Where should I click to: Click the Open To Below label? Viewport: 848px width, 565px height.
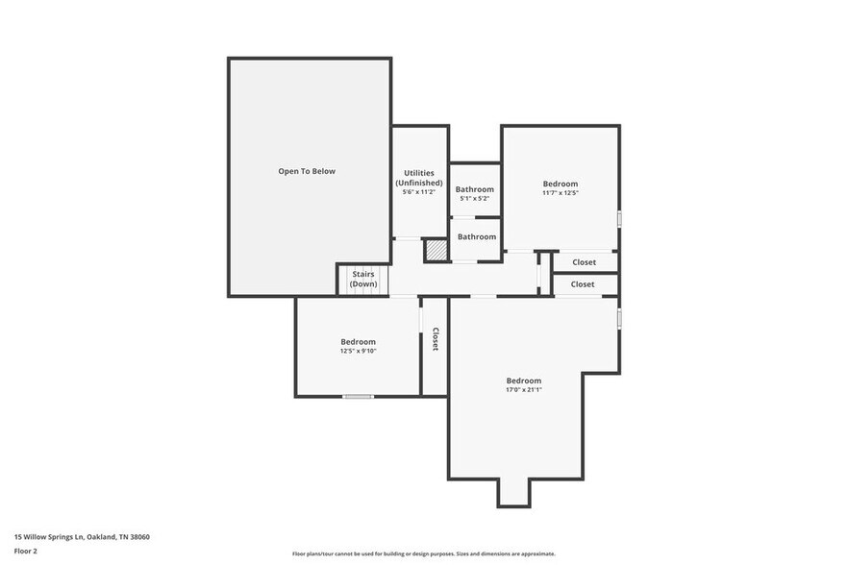coord(307,171)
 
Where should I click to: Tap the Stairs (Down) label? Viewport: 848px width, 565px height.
coord(363,280)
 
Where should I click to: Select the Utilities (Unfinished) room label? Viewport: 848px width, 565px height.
coord(419,178)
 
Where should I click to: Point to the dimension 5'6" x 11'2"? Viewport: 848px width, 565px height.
coord(419,192)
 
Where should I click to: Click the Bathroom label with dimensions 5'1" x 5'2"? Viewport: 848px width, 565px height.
coord(475,189)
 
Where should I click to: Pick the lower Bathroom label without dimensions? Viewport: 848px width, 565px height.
coord(477,236)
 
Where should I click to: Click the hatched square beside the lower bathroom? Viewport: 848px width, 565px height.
coord(437,250)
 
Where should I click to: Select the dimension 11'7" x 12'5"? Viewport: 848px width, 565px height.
coord(561,193)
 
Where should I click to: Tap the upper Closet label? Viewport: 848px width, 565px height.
coord(584,262)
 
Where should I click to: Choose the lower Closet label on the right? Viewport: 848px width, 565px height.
coord(583,284)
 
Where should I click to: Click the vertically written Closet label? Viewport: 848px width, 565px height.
coord(436,339)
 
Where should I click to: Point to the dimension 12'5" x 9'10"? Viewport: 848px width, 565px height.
coord(358,352)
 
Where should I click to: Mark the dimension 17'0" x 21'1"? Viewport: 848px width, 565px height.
coord(524,390)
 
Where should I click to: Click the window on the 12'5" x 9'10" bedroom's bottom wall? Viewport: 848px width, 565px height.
coord(358,396)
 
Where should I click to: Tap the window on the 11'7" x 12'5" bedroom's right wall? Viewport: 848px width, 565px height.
coord(618,219)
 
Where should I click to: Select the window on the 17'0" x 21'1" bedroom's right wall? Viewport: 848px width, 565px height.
coord(618,317)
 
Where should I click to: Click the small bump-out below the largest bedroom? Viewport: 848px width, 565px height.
coord(513,492)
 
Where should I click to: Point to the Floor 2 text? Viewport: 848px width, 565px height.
coord(26,552)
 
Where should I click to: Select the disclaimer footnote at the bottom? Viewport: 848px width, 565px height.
coord(423,554)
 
